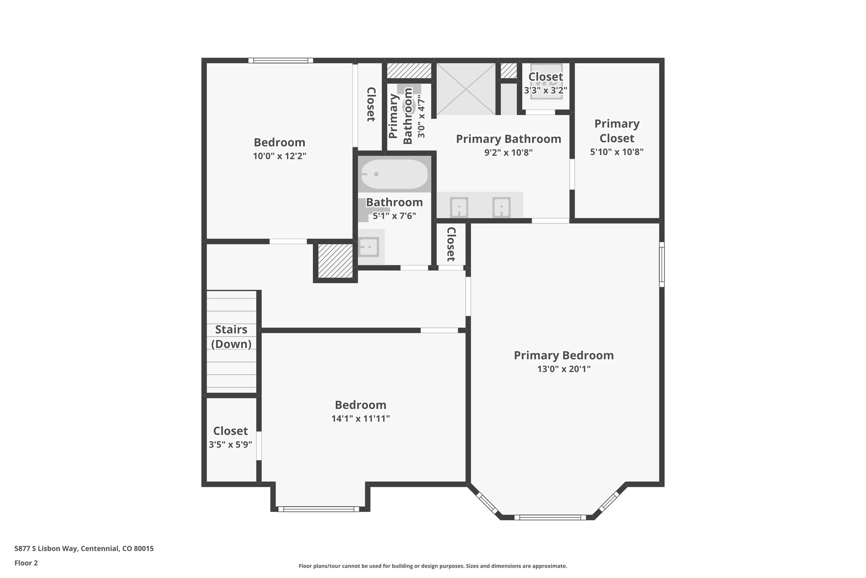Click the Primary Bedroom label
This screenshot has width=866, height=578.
[x=563, y=355]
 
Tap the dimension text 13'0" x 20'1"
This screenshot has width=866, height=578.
[x=563, y=369]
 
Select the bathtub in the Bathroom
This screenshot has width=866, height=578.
[x=394, y=174]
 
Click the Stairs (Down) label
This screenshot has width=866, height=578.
[x=231, y=337]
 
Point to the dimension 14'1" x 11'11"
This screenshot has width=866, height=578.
[x=360, y=419]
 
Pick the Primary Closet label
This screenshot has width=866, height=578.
[x=617, y=131]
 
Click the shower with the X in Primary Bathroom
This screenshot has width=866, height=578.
[x=466, y=88]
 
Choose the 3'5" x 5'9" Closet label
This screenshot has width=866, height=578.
[x=230, y=431]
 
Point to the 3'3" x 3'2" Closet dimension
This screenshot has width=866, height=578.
[x=545, y=90]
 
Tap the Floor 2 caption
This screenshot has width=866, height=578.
[x=26, y=563]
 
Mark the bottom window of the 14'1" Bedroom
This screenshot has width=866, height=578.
[x=318, y=509]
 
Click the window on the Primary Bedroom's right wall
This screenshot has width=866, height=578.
[x=662, y=264]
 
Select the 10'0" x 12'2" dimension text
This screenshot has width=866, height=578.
[x=280, y=156]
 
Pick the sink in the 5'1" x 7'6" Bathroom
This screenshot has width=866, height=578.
[x=368, y=247]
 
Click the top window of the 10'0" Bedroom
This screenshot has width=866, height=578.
[x=280, y=61]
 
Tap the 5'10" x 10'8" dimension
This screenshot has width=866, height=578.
[x=617, y=152]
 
